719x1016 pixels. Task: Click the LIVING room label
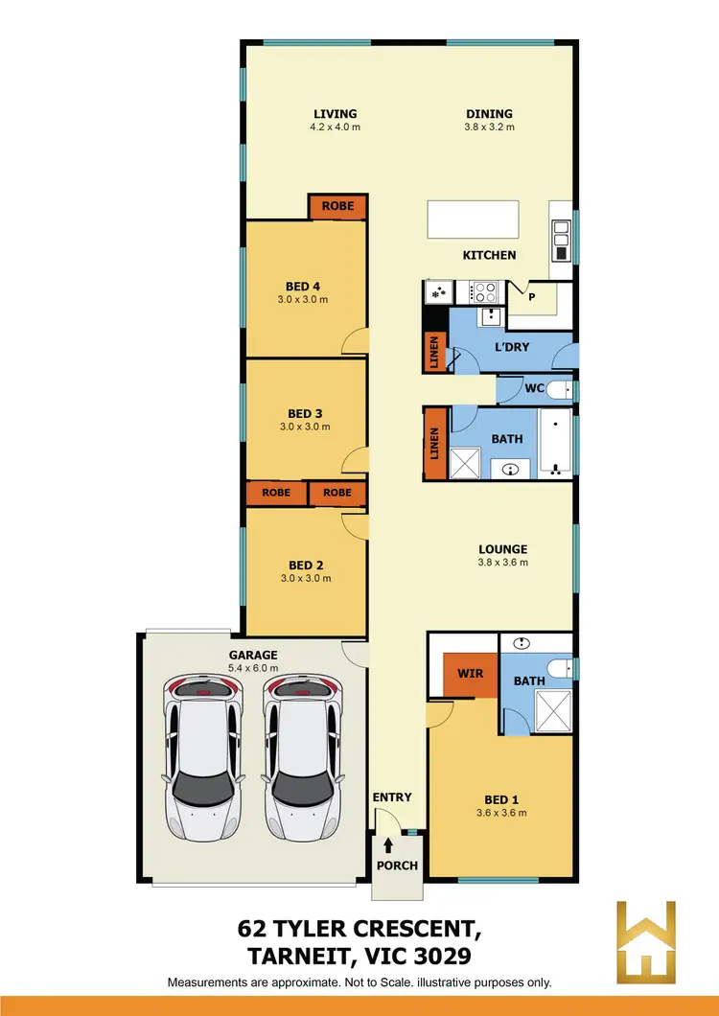coord(335,114)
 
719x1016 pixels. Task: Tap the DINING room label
coord(489,114)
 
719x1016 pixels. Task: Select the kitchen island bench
coord(474,219)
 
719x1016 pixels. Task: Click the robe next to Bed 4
coord(337,206)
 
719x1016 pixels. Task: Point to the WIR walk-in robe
coord(470,674)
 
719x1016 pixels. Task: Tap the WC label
coord(535,389)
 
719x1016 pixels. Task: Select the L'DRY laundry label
coord(513,347)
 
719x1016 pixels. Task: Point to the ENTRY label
coord(392,797)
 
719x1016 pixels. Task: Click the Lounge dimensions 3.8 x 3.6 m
coord(503,563)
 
